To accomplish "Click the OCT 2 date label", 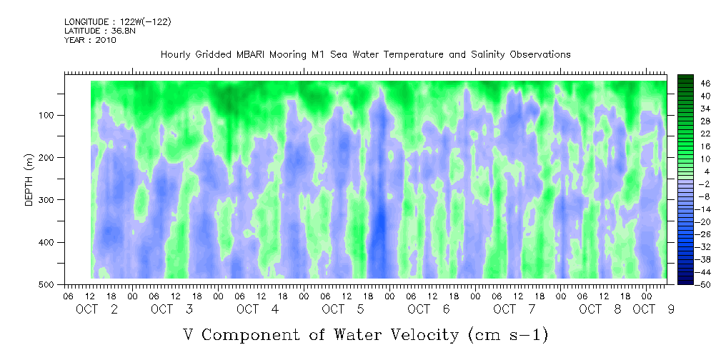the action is [x=97, y=309].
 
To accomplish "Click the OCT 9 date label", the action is [x=653, y=309].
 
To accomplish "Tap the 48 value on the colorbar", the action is [x=706, y=84].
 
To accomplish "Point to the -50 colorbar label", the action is [x=704, y=284].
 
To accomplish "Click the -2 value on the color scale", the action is [x=704, y=184].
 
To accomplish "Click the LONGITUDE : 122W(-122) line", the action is [x=118, y=21].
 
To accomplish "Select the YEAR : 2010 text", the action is [x=90, y=40].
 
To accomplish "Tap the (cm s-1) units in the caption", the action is [x=508, y=335].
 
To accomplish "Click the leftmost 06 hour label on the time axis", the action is [x=67, y=296].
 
